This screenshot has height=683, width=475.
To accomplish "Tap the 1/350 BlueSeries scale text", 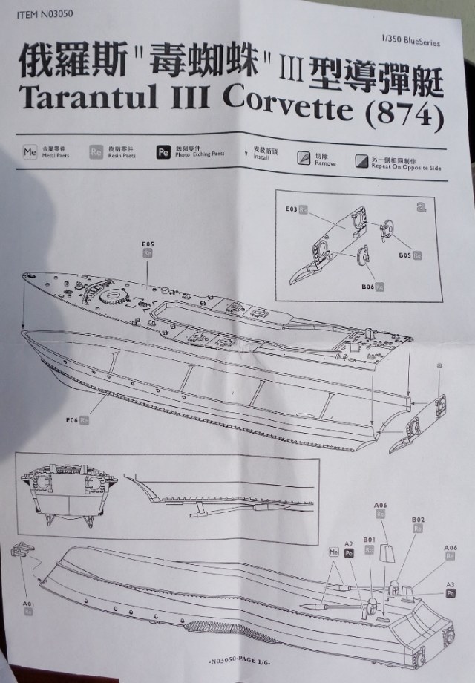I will pyautogui.click(x=409, y=42).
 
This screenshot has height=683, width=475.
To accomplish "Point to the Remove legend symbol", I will pyautogui.click(x=304, y=158).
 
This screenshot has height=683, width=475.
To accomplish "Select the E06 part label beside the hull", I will pyautogui.click(x=72, y=420).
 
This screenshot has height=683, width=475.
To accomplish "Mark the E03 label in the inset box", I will pyautogui.click(x=291, y=210).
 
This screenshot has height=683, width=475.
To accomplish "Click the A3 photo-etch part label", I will pyautogui.click(x=450, y=585).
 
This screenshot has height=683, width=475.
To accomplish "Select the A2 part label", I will pyautogui.click(x=348, y=544).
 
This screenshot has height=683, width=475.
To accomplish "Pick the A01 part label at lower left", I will pyautogui.click(x=28, y=605).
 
